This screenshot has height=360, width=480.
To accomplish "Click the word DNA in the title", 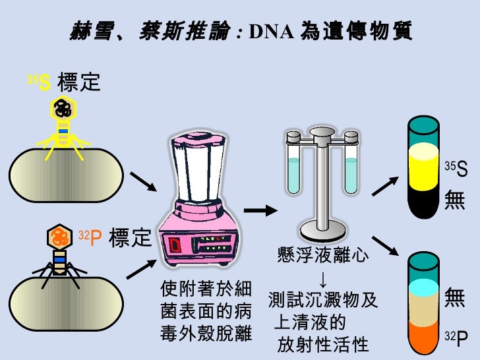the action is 272,31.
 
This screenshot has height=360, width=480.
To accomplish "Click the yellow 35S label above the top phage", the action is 39,82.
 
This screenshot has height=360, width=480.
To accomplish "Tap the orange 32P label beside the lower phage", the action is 90,238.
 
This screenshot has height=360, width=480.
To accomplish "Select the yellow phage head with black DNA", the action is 63,109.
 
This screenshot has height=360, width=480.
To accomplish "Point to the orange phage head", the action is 59,237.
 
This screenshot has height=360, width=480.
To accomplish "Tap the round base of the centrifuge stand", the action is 322,231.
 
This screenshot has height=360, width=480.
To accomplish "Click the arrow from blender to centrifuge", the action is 260,210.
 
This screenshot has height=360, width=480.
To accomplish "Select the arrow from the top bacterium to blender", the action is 143,182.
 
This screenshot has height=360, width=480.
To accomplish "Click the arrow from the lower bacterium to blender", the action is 141,270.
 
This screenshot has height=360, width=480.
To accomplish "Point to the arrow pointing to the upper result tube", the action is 385,186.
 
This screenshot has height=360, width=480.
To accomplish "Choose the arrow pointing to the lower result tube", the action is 385,246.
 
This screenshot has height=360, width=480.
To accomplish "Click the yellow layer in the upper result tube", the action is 424,167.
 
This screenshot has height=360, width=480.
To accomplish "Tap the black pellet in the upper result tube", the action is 424,202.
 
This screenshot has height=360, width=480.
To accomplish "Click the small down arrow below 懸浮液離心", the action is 323,279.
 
